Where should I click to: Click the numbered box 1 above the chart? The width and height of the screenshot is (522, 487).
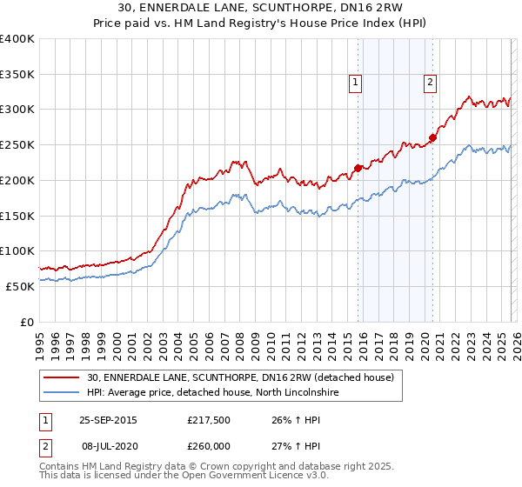click(x=356, y=83)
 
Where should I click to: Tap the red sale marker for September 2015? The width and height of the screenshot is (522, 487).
click(x=358, y=168)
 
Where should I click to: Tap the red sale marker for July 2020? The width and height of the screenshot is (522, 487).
click(x=432, y=137)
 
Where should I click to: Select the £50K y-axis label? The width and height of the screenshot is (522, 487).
click(x=19, y=286)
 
